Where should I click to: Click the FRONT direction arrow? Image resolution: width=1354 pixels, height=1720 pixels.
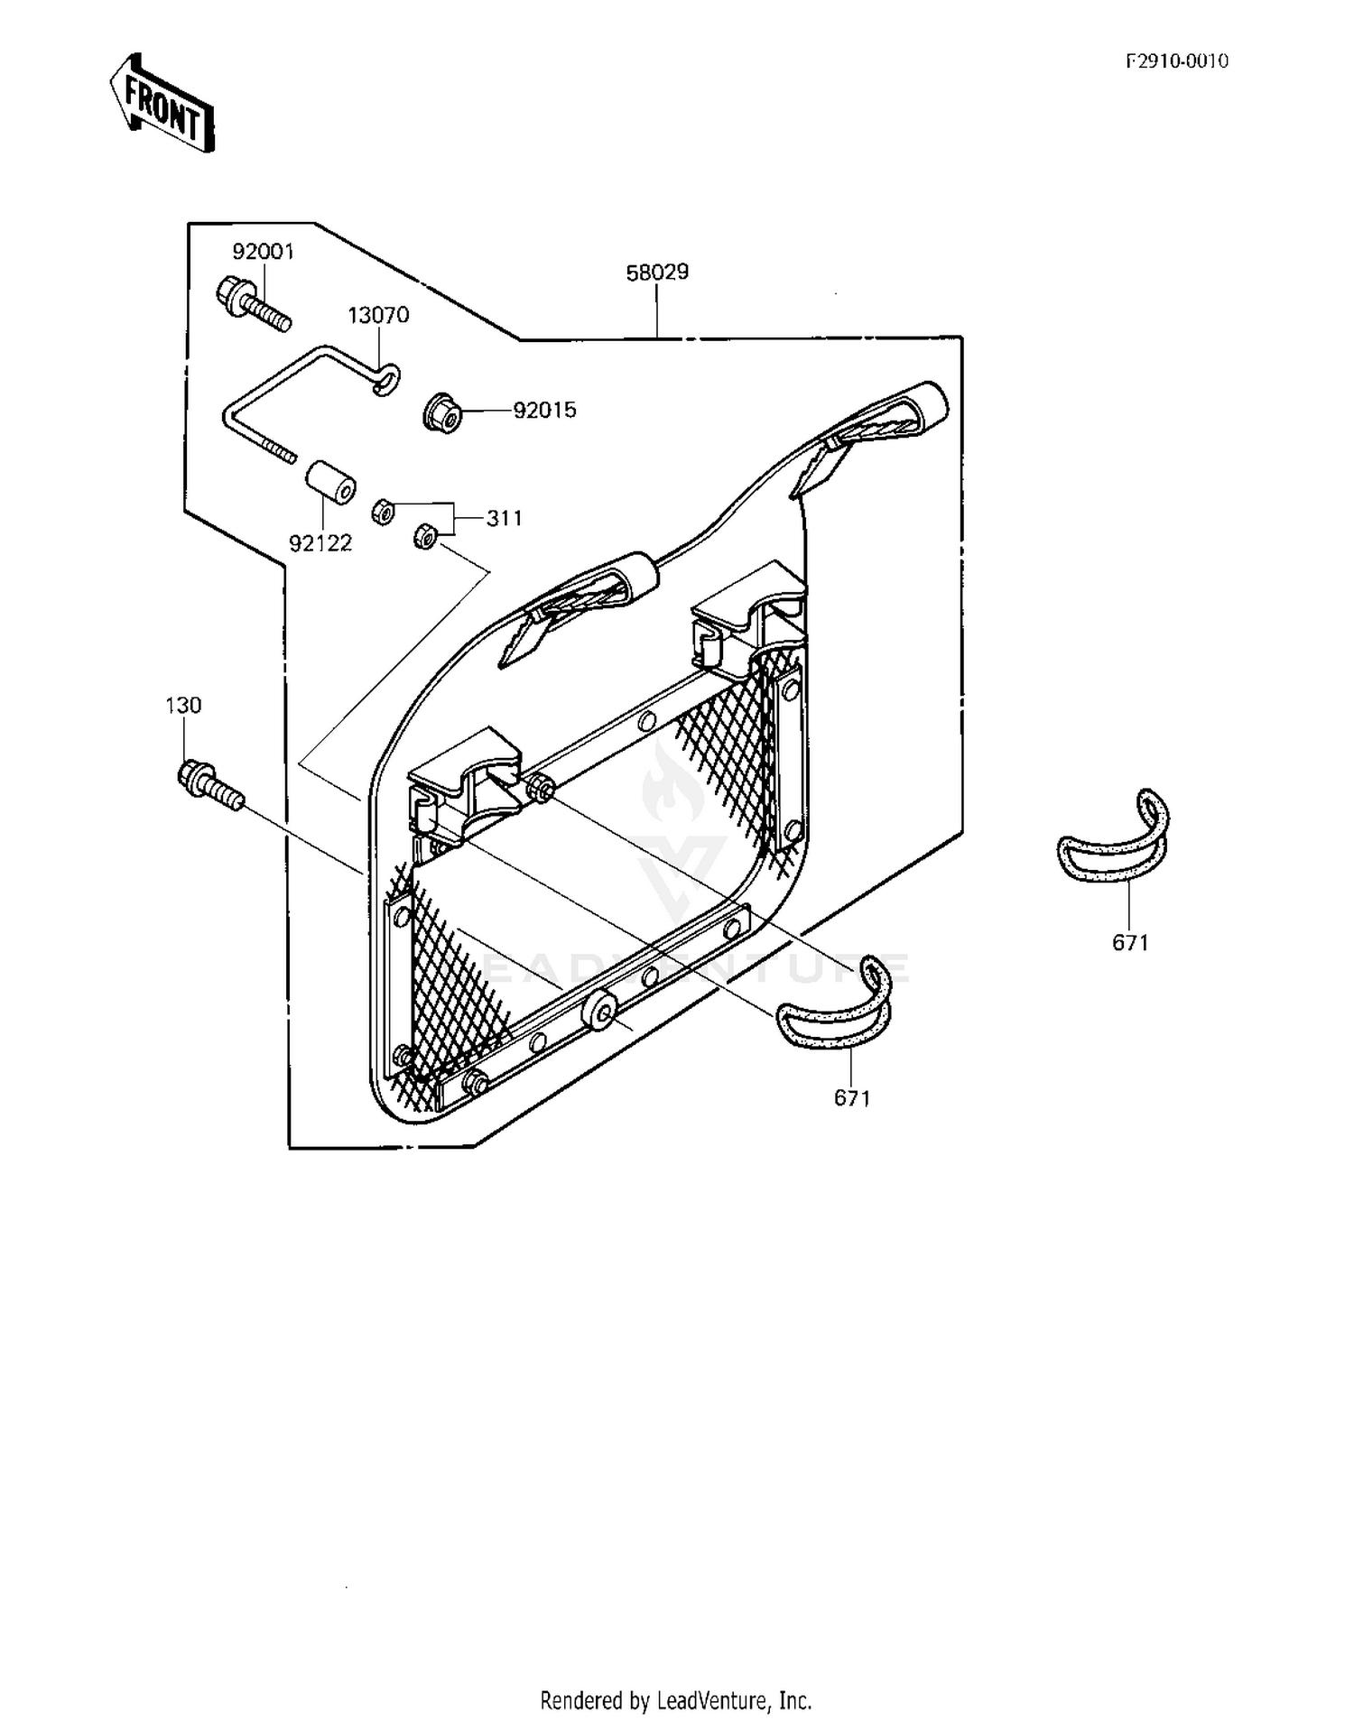tap(162, 103)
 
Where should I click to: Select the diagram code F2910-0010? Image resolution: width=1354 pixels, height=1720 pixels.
tap(1176, 61)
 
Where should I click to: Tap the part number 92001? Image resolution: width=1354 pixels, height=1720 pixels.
tap(264, 252)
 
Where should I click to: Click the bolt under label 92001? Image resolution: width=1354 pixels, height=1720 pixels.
tap(254, 303)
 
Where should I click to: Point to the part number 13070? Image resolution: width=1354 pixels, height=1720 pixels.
tap(379, 315)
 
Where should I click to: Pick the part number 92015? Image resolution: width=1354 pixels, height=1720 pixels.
tap(544, 410)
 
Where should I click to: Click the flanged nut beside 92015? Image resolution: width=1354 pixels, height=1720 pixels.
tap(443, 412)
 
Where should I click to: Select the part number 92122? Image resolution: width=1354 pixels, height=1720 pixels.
tap(320, 543)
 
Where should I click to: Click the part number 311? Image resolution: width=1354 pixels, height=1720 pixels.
tap(505, 518)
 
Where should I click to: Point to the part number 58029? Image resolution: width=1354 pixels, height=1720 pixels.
tap(657, 272)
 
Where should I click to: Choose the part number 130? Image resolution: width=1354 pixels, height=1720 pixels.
tap(183, 705)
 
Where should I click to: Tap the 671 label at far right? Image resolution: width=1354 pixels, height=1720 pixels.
tap(1130, 942)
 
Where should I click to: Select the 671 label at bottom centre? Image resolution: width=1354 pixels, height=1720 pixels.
tap(852, 1097)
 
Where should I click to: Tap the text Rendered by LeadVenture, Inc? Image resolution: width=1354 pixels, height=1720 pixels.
tap(676, 1701)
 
